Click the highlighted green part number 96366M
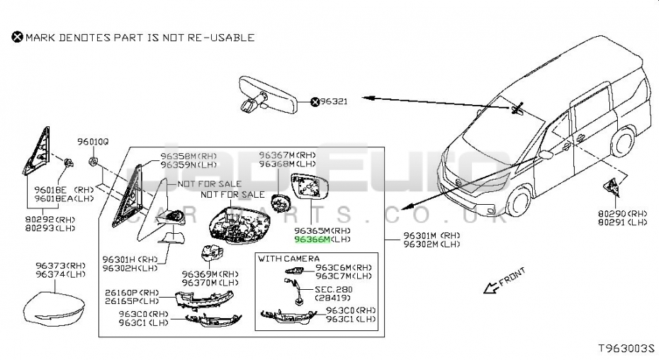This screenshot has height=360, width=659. [312, 240]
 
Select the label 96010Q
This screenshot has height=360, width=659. [93, 142]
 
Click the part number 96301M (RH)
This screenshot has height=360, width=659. [431, 235]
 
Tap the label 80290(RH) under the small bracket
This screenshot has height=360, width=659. [622, 213]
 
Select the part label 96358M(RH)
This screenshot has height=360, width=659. [188, 156]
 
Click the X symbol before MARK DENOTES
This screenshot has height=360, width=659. [17, 37]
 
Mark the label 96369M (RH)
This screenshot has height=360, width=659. [210, 274]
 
